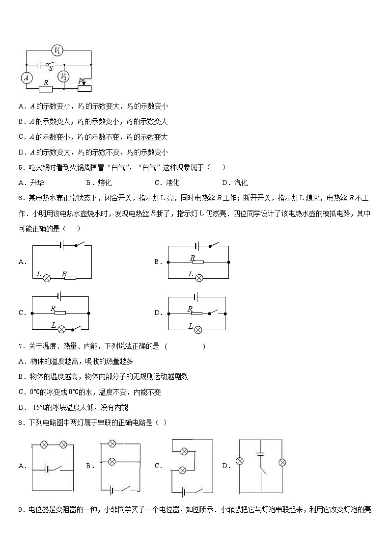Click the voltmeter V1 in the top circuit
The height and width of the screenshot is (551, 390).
(57, 50)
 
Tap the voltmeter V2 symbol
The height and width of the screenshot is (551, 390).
(64, 77)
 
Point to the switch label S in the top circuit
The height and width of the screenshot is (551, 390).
(51, 69)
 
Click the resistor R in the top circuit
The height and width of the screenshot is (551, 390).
(46, 89)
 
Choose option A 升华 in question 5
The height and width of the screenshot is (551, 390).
(30, 183)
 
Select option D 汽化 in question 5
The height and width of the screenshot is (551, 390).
(235, 183)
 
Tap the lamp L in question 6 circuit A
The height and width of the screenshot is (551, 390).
(47, 278)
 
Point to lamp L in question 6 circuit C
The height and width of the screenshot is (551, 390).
(62, 328)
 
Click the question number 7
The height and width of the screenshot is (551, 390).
(21, 346)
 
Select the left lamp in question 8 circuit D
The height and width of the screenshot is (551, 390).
(240, 461)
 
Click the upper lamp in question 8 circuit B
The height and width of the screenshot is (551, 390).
(111, 444)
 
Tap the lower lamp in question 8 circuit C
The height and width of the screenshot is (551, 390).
(182, 470)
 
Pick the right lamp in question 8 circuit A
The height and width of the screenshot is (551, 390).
(63, 445)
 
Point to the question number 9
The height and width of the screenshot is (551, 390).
(21, 509)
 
